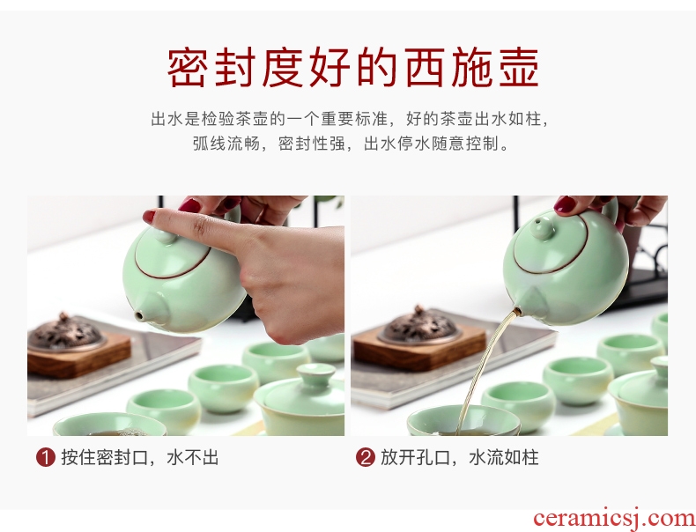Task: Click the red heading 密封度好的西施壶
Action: point(353,68)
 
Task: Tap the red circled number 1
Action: point(46,457)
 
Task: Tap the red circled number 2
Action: point(366,457)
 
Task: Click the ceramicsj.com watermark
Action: point(614,518)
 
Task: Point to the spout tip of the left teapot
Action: point(139,316)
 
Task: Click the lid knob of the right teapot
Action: point(542,226)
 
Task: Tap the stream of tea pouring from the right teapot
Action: point(487,364)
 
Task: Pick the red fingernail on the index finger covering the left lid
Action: point(149,217)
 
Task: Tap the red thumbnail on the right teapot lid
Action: point(565,205)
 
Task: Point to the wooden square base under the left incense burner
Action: point(79,354)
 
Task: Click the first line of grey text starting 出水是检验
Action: point(351,119)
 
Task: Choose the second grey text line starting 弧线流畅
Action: point(351,144)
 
